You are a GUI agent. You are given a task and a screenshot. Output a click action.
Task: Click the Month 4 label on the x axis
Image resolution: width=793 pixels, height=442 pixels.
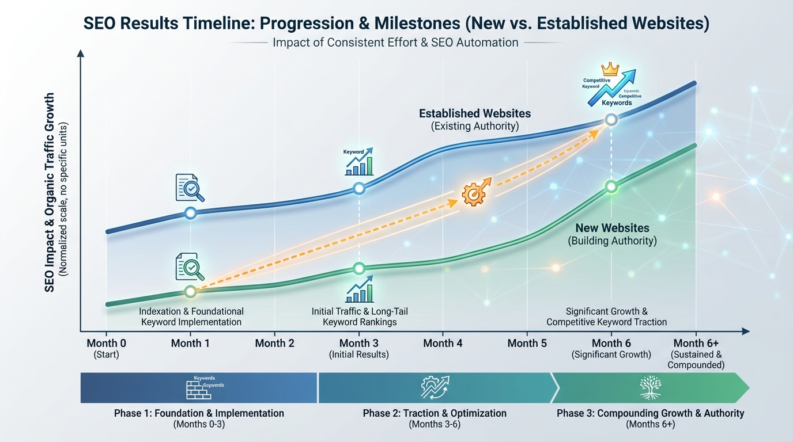(x=443, y=344)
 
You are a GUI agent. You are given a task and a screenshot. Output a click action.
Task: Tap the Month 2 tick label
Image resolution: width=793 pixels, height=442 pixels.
(x=274, y=344)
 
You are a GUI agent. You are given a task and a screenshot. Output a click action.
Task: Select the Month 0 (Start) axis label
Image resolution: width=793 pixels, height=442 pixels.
(x=106, y=348)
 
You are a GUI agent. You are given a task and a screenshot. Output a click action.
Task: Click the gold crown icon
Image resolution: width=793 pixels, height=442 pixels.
(x=609, y=70)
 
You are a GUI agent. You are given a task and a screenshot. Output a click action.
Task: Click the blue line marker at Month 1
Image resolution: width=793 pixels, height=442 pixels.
(x=191, y=213)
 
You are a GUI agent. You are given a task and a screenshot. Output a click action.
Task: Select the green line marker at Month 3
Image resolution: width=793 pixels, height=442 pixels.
(x=359, y=268)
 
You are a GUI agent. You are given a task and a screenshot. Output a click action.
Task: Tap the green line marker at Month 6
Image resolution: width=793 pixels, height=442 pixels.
(x=611, y=186)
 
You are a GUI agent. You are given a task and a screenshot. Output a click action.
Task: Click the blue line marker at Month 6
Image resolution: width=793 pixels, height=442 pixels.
(x=611, y=120)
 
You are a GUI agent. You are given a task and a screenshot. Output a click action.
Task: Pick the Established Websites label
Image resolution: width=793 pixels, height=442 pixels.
(x=474, y=113)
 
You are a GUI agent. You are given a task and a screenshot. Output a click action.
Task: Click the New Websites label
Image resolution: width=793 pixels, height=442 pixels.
(x=612, y=228)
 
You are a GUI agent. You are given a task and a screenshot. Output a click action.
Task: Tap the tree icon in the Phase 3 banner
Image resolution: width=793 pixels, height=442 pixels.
(x=650, y=387)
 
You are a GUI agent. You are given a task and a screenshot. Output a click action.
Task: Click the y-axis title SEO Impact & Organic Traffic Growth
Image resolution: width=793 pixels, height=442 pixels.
(x=50, y=193)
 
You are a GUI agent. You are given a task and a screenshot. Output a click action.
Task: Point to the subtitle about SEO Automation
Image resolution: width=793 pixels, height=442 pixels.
(x=395, y=43)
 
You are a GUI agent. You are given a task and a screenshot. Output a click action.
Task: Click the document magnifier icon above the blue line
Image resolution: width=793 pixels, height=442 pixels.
(x=190, y=188)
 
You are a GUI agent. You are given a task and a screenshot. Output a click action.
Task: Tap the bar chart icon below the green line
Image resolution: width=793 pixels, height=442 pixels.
(x=359, y=292)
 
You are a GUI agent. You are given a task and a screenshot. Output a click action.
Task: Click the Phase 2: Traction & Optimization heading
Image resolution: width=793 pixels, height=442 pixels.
(x=435, y=413)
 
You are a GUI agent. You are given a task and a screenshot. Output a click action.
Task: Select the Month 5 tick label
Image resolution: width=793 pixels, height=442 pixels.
(x=527, y=344)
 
